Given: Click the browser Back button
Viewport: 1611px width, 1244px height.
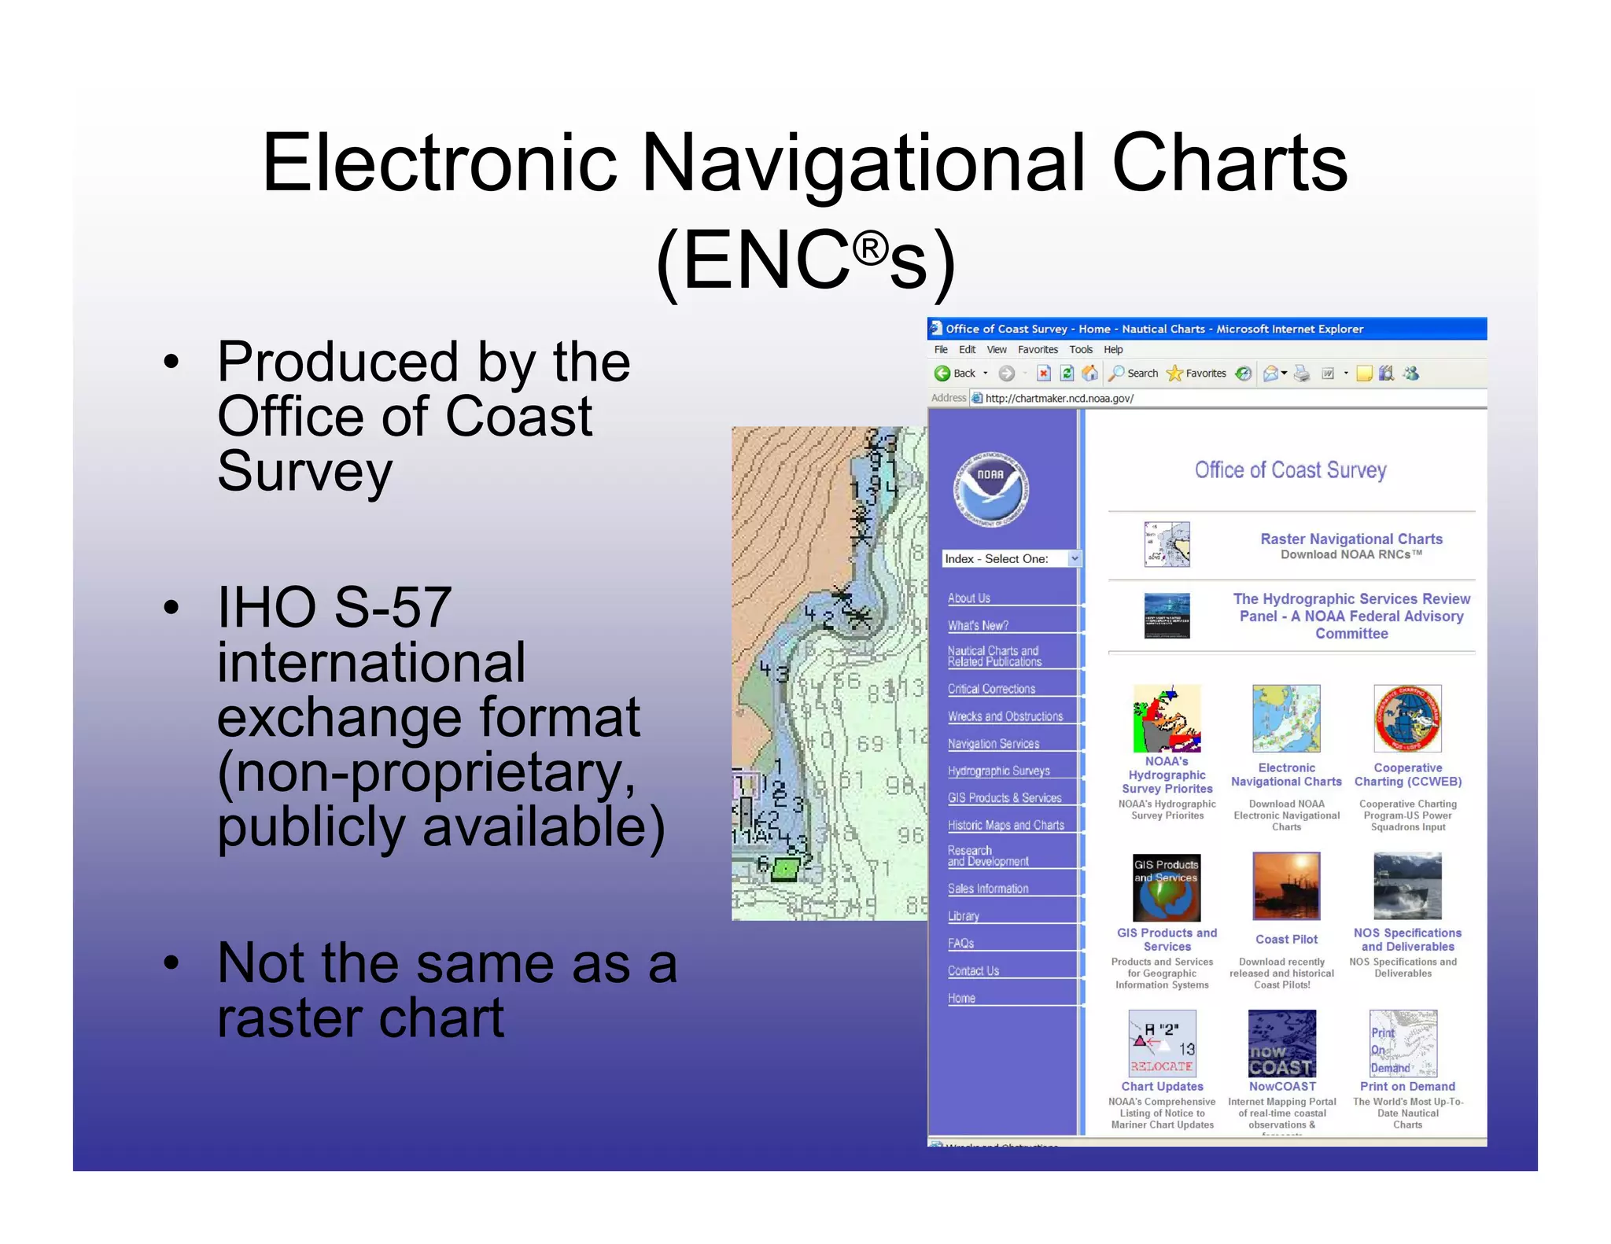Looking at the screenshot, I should pos(954,374).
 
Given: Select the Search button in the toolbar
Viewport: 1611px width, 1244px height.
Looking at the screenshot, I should pos(1134,374).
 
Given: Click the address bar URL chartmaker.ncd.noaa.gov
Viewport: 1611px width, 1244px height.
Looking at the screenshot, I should pos(1059,398).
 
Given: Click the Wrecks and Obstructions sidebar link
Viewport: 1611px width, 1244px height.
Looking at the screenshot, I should pos(1005,716).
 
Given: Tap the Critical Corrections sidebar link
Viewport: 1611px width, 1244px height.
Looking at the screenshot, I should pos(991,689).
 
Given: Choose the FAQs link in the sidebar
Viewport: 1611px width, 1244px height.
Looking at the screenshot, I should pos(960,943).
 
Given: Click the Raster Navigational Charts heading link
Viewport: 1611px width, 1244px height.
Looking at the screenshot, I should pos(1351,539).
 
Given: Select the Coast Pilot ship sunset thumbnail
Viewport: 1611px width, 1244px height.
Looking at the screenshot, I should pos(1286,886).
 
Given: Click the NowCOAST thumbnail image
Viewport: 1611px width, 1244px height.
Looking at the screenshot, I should pos(1281,1043).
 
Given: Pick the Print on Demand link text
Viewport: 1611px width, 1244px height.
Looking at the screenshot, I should pos(1406,1086).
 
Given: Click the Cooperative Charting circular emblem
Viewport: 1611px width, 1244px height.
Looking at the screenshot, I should pos(1407,719).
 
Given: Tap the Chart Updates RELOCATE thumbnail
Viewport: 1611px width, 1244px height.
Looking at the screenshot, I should pos(1162,1043).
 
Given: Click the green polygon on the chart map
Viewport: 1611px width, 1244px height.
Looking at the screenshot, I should pos(785,869).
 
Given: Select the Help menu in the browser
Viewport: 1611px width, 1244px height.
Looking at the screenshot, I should pos(1112,350).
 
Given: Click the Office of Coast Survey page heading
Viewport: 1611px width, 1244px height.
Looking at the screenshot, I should pos(1290,470).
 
